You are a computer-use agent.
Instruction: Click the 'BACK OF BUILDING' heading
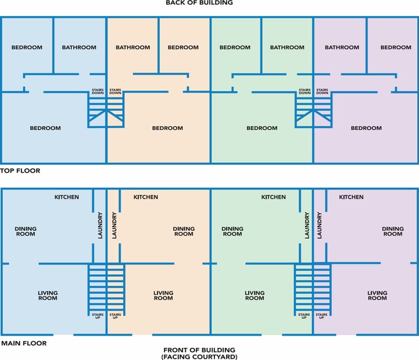tap(199, 2)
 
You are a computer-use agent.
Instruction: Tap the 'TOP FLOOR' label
tap(20, 171)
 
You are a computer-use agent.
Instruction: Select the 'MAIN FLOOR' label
tap(24, 343)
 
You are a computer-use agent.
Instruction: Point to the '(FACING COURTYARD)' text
tap(199, 357)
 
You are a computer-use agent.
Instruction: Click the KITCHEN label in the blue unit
tap(67, 197)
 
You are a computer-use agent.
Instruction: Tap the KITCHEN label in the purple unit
tap(351, 197)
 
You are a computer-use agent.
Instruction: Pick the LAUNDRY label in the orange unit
tap(115, 225)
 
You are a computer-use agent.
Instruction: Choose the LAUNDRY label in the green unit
tap(307, 225)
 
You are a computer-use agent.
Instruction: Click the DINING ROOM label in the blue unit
tap(26, 231)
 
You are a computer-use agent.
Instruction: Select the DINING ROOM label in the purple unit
tap(393, 231)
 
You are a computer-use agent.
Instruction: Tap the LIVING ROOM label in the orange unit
tap(164, 295)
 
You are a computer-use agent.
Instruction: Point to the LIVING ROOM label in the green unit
tap(255, 295)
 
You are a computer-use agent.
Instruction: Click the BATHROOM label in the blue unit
tap(79, 48)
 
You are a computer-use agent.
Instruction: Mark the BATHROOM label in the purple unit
tap(342, 48)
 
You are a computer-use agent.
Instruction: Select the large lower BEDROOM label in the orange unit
tap(168, 128)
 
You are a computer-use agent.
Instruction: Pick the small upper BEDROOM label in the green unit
tap(235, 48)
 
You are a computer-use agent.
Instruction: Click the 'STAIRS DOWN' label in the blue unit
tap(98, 92)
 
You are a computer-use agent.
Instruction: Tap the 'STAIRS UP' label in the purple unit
tap(322, 316)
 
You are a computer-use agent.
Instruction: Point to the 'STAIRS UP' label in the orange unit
tap(115, 316)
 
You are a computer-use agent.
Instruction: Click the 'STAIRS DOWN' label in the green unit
tap(305, 92)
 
